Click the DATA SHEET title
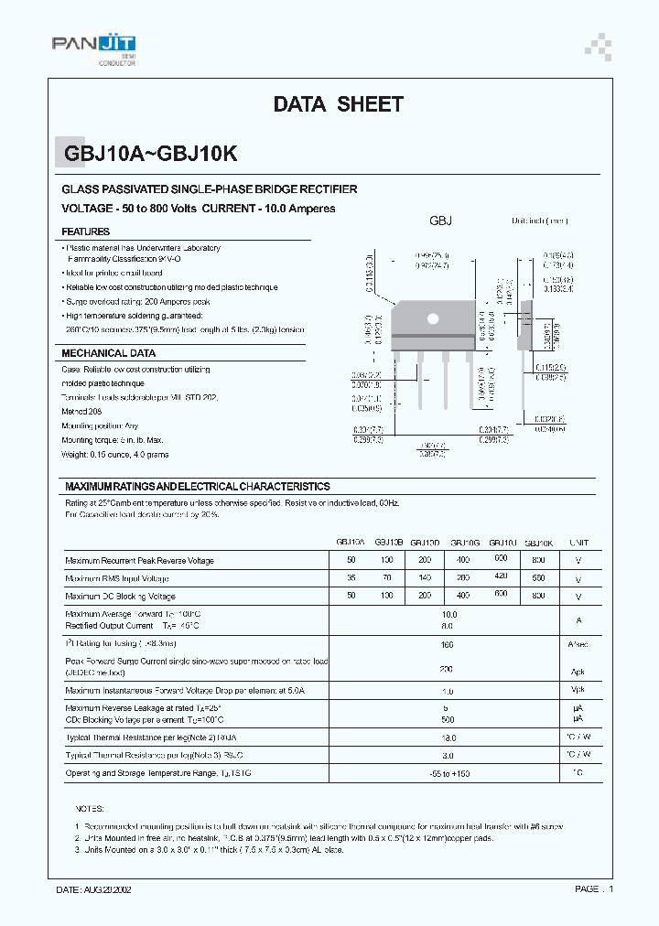click(x=338, y=104)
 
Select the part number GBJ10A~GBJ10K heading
click(x=151, y=154)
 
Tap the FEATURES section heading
click(x=86, y=232)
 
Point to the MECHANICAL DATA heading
click(x=108, y=353)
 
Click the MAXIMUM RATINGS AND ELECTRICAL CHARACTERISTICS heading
click(x=197, y=487)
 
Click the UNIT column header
click(x=578, y=543)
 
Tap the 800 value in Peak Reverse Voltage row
click(x=538, y=559)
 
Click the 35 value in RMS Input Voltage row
click(x=351, y=579)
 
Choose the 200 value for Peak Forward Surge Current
click(x=446, y=669)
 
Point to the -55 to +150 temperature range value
click(x=448, y=774)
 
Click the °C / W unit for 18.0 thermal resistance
click(x=578, y=737)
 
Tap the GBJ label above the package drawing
click(x=441, y=221)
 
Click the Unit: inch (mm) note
click(x=539, y=221)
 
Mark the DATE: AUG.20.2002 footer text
click(x=99, y=888)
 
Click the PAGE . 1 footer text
click(x=593, y=888)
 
